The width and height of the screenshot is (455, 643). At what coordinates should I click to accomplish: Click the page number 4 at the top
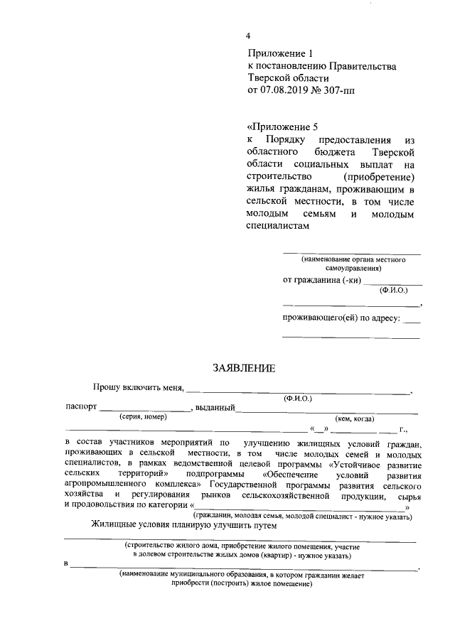(248, 36)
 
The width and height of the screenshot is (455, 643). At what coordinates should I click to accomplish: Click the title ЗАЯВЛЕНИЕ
(243, 367)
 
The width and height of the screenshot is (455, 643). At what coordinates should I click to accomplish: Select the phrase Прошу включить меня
(138, 387)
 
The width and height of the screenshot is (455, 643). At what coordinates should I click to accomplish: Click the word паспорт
(80, 407)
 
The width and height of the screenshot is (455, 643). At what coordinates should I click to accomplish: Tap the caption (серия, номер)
(143, 417)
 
